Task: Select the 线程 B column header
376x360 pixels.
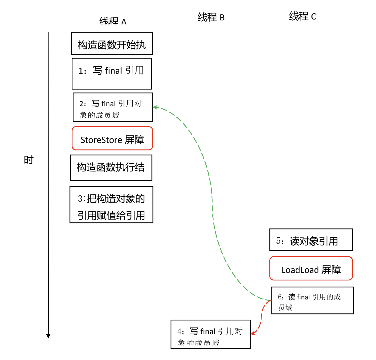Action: pos(211,18)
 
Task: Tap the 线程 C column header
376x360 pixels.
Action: pos(302,17)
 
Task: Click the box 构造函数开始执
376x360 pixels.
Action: pos(111,44)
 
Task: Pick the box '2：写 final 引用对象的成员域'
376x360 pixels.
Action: pos(112,107)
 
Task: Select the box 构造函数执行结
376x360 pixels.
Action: pos(111,167)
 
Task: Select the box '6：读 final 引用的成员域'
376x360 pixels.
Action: pos(312,301)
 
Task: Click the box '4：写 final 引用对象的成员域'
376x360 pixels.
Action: pos(210,334)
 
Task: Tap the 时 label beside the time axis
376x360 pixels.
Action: pos(29,160)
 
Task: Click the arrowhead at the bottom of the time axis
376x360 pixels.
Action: pos(48,335)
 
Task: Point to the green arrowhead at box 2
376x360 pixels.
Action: pos(155,107)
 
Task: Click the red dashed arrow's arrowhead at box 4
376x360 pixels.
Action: pos(253,332)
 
